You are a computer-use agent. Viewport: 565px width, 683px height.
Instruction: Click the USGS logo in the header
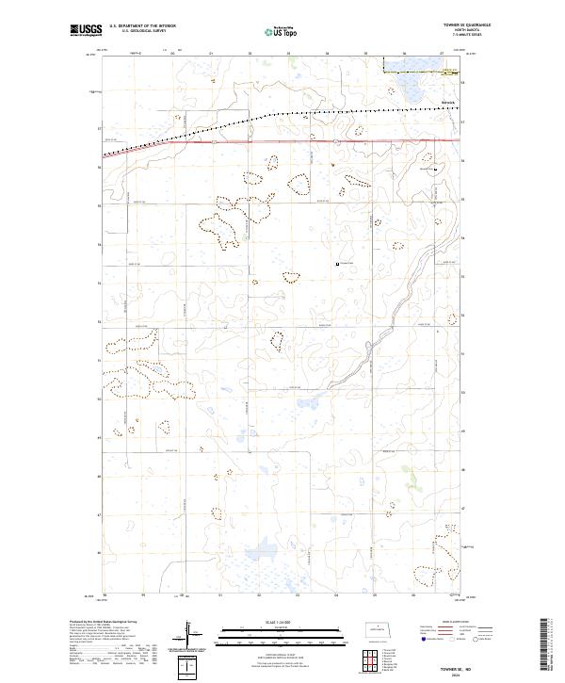click(87, 30)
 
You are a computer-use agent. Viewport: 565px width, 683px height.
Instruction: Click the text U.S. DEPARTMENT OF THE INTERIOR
click(142, 26)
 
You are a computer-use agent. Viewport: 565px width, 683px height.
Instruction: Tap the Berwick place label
click(447, 102)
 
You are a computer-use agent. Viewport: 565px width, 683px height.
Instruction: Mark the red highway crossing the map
click(282, 141)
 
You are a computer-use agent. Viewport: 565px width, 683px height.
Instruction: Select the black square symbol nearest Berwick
click(435, 170)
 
